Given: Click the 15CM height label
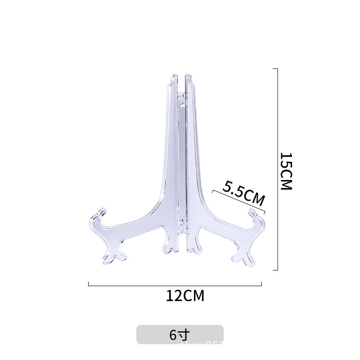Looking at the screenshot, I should click(286, 171).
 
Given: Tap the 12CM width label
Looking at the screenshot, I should click(185, 296).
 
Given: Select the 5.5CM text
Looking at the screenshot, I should click(243, 193).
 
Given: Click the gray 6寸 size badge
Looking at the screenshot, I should click(180, 335).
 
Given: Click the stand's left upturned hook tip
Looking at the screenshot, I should click(102, 210).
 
